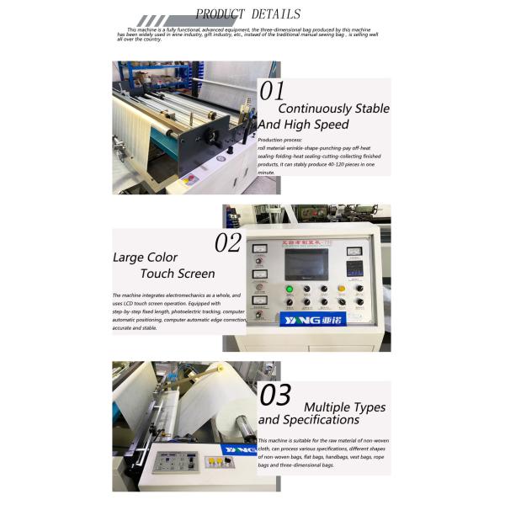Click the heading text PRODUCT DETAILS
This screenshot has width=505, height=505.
click(x=247, y=13)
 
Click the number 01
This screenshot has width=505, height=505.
click(x=272, y=91)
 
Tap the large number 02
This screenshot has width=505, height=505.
click(x=227, y=243)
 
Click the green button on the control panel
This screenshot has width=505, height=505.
click(x=289, y=289)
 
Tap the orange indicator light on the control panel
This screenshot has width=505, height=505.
click(x=341, y=289)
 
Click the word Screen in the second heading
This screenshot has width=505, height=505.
click(x=195, y=274)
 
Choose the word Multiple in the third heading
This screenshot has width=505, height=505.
click(x=332, y=407)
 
